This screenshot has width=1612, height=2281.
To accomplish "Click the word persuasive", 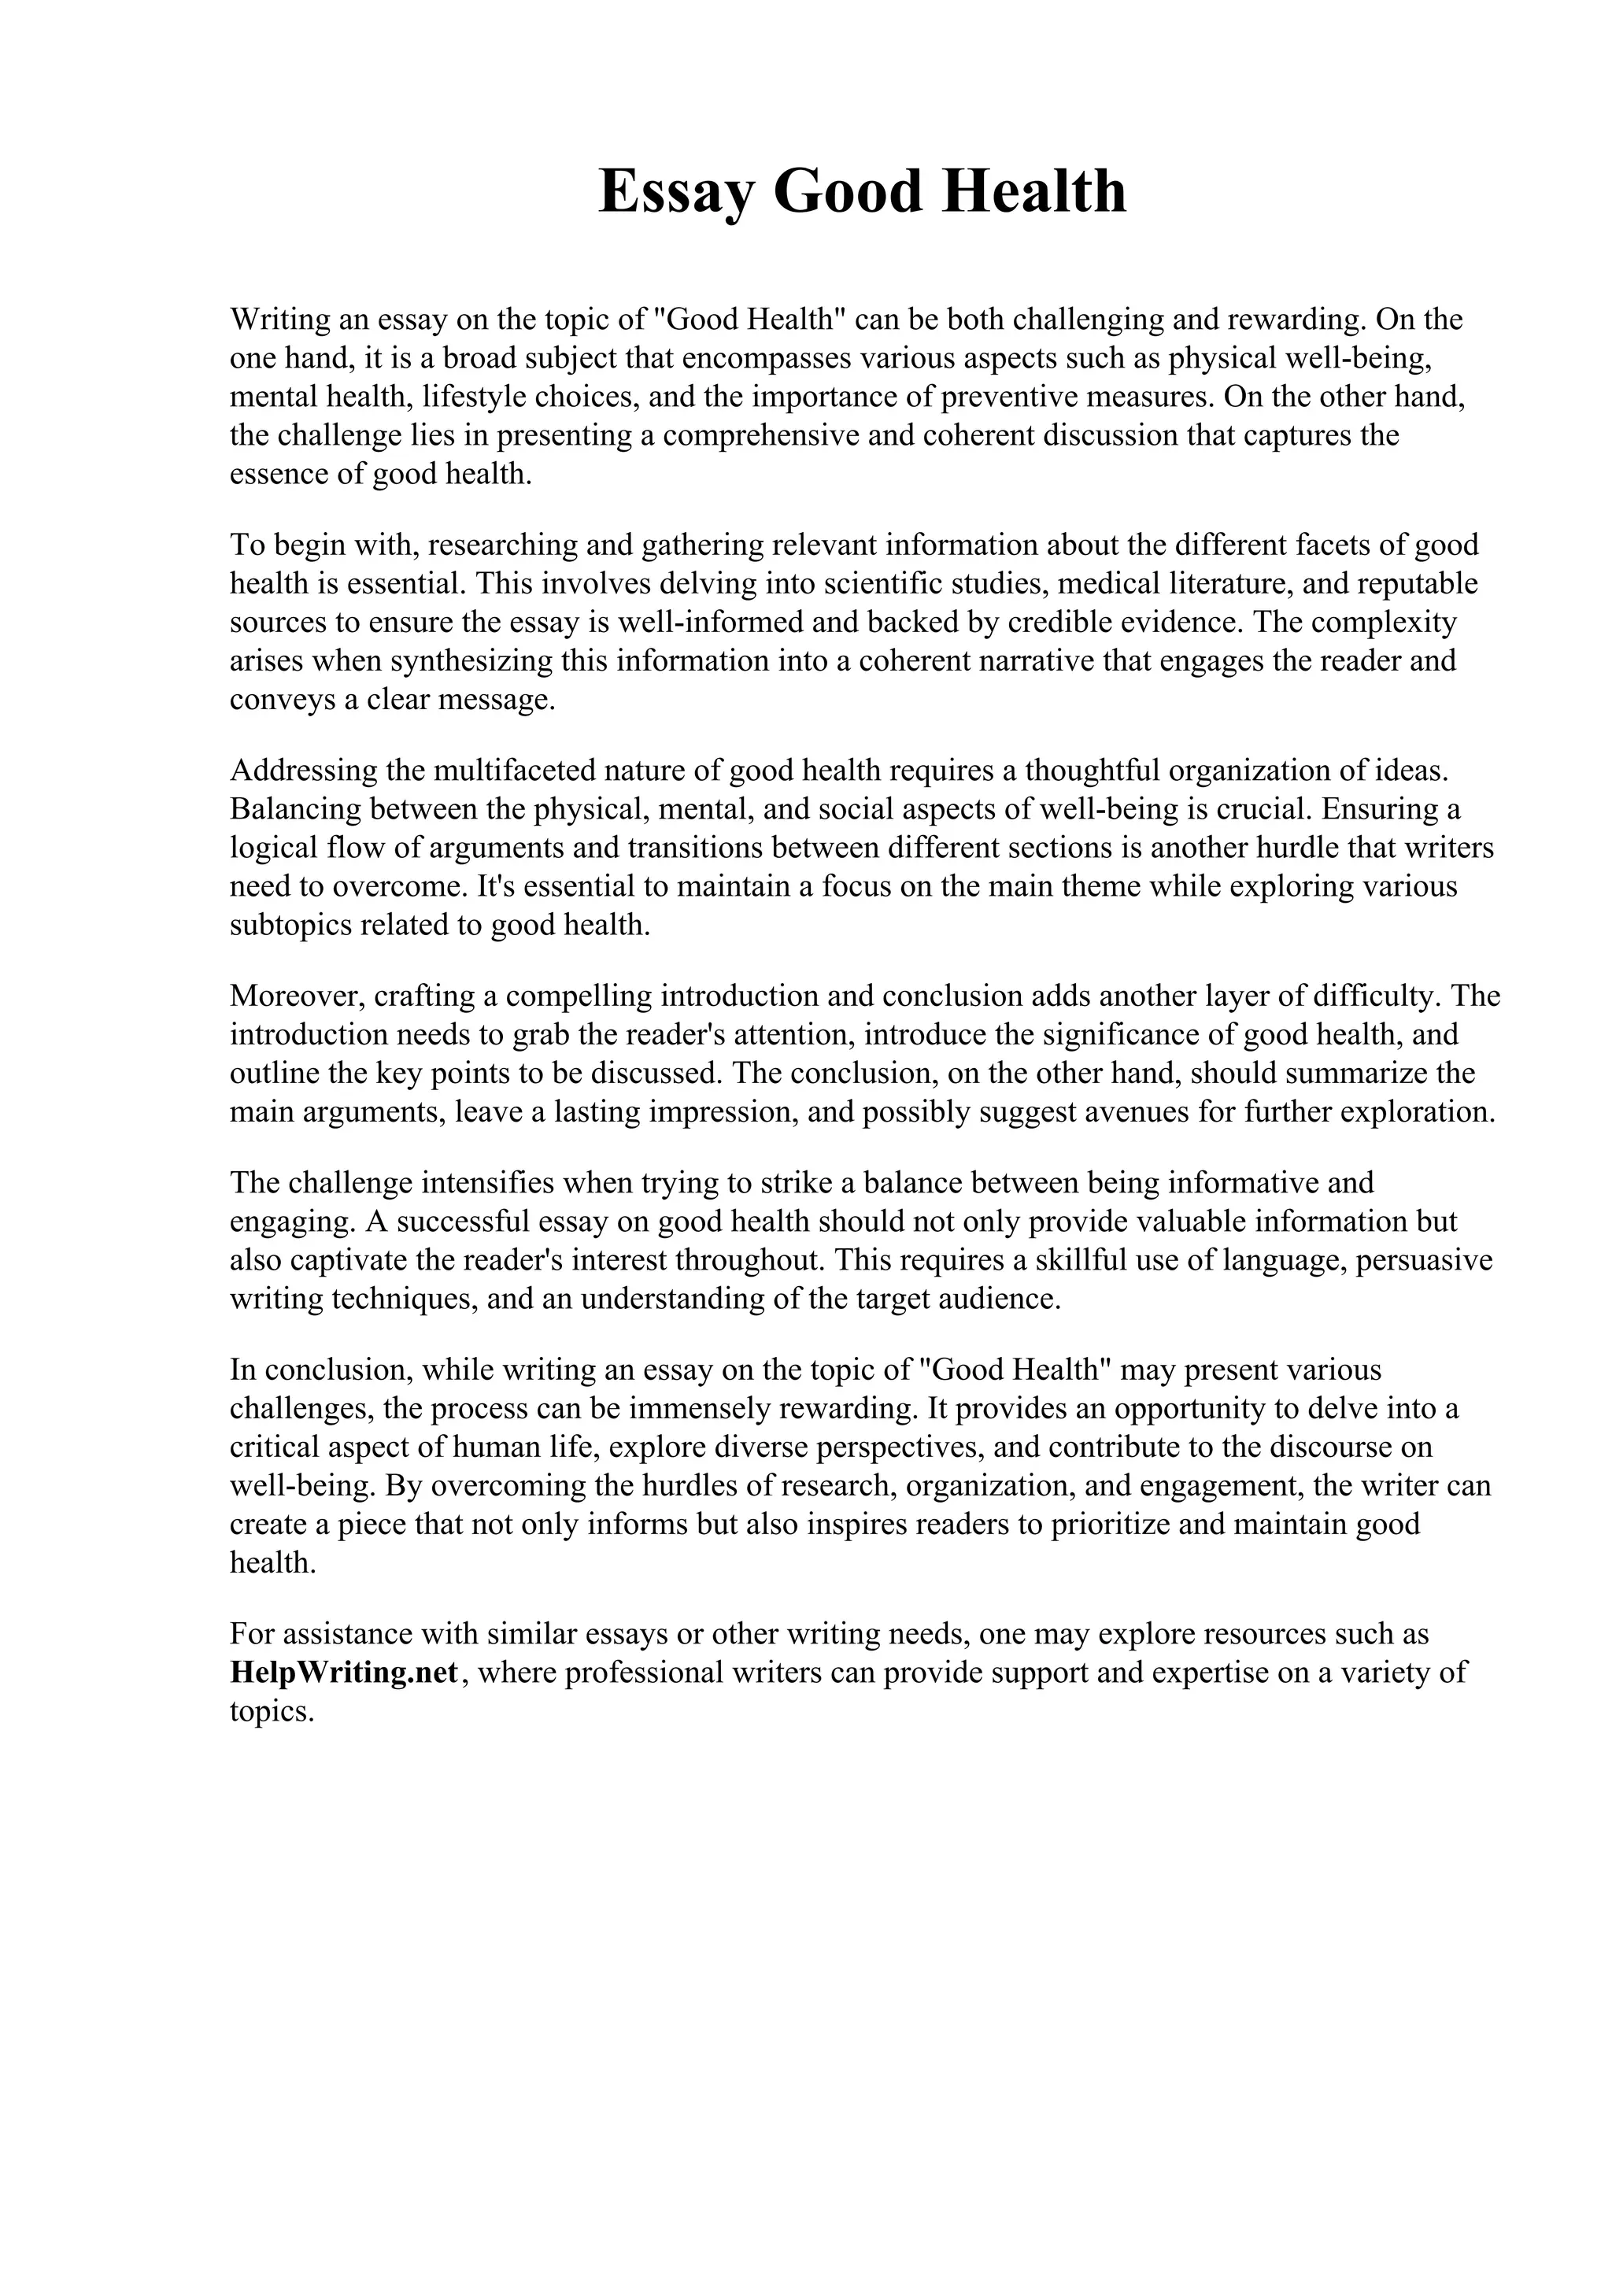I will click(x=1425, y=1259).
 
